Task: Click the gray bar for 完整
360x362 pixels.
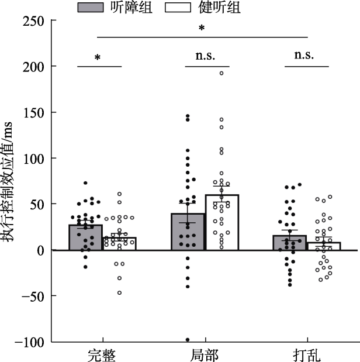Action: (x=85, y=237)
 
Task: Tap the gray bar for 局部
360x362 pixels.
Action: (x=188, y=232)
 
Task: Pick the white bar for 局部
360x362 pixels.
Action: (x=221, y=222)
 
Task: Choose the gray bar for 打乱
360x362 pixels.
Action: (x=289, y=243)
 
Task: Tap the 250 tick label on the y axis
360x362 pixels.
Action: (x=34, y=21)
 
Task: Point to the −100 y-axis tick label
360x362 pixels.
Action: (x=30, y=342)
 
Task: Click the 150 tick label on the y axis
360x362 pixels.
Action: (x=34, y=113)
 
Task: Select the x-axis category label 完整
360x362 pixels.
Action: (x=103, y=354)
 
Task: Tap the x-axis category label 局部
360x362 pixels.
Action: (x=205, y=354)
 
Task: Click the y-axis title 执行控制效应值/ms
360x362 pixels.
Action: (x=10, y=181)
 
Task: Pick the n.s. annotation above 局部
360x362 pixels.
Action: (x=205, y=56)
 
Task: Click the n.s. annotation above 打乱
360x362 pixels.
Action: (x=304, y=56)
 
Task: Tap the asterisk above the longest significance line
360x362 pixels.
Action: (x=202, y=28)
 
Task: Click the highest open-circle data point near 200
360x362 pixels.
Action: (x=221, y=73)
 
